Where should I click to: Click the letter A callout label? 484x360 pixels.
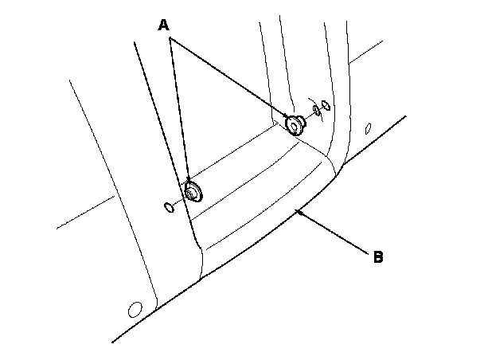[164, 25]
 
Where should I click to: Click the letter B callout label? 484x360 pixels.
[379, 256]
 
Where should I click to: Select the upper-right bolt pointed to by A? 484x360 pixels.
[295, 123]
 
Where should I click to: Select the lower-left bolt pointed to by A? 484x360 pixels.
[192, 192]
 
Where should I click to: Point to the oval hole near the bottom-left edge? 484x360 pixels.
[135, 308]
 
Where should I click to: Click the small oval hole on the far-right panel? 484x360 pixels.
[367, 128]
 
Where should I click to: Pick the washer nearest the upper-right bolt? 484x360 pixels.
[316, 110]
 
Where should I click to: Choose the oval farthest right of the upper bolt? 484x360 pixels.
[326, 106]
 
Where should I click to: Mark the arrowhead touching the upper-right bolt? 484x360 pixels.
[287, 117]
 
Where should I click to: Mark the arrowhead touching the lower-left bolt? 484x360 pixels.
[189, 182]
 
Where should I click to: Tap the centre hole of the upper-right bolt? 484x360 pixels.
[295, 124]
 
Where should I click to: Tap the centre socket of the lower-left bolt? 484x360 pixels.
[192, 193]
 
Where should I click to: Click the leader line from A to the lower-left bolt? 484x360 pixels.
[179, 112]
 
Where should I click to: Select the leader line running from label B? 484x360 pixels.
[334, 233]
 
